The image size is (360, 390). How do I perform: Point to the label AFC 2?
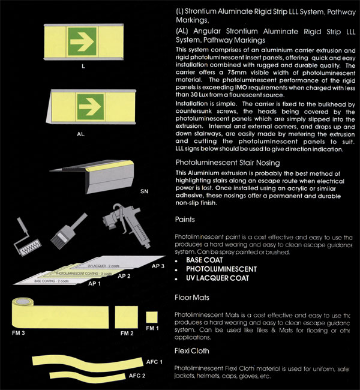pos(137,376)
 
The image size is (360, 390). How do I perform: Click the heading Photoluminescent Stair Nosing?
pos(227,162)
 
